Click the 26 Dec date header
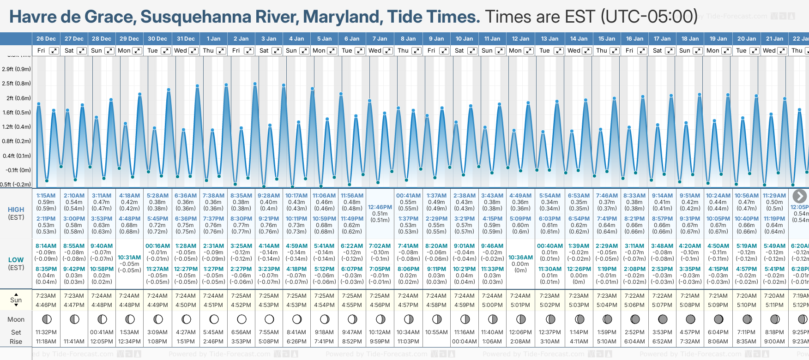(46, 39)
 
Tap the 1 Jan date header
(213, 39)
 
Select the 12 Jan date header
(520, 39)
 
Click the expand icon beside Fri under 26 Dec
(54, 51)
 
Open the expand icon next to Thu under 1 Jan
(221, 51)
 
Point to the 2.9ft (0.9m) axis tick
(16, 69)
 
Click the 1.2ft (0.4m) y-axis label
(16, 126)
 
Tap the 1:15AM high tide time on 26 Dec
(46, 196)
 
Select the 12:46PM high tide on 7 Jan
(380, 207)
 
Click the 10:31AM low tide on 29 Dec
(129, 258)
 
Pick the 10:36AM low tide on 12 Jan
(520, 258)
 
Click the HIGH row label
(16, 210)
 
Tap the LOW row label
(16, 260)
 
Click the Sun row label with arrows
(16, 300)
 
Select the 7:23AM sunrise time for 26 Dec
(46, 296)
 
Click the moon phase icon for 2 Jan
(241, 319)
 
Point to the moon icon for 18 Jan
(690, 319)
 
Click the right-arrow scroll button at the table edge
(799, 196)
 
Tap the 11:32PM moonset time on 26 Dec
(46, 332)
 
